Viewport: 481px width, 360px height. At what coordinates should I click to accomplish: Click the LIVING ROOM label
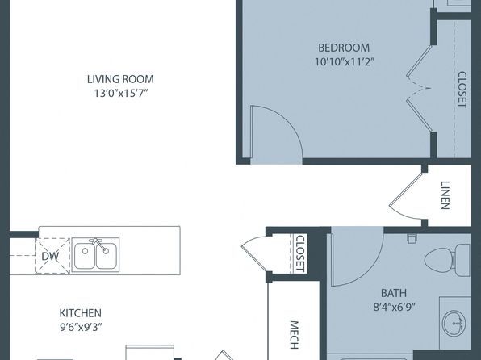(120, 79)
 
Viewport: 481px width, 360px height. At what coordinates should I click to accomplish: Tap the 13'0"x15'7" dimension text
(121, 93)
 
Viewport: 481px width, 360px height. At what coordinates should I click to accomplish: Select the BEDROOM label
(344, 48)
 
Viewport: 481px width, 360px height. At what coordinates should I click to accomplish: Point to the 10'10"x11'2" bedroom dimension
(345, 61)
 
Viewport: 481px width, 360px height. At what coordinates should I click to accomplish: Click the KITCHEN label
(81, 313)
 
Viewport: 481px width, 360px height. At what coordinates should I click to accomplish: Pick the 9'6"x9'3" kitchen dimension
(81, 328)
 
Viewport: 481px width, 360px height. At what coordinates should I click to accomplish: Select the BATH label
(394, 293)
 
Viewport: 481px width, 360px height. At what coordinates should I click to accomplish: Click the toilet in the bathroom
(447, 260)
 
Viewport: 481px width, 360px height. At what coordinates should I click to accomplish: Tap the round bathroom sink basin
(454, 323)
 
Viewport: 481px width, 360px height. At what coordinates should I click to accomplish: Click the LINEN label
(445, 195)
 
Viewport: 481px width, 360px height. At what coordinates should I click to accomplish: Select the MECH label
(295, 335)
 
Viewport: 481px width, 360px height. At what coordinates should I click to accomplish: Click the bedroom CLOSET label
(462, 90)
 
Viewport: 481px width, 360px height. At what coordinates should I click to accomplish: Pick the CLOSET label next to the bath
(300, 253)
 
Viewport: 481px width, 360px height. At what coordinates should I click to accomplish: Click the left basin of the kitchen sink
(85, 256)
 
